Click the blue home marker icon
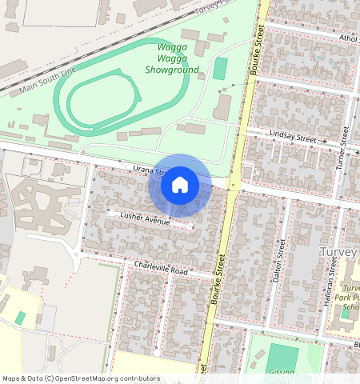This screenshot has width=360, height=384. click(180, 186)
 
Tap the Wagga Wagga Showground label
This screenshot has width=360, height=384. click(172, 58)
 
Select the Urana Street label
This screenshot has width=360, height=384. click(148, 170)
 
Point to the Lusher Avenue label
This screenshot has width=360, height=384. click(145, 218)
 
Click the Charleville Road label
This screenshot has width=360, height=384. click(161, 268)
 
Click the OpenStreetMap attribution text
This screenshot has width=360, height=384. click(81, 378)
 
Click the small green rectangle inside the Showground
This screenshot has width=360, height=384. click(219, 68)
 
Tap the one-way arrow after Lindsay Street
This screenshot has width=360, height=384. click(324, 141)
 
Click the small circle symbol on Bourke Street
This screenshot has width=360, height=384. click(232, 186)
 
